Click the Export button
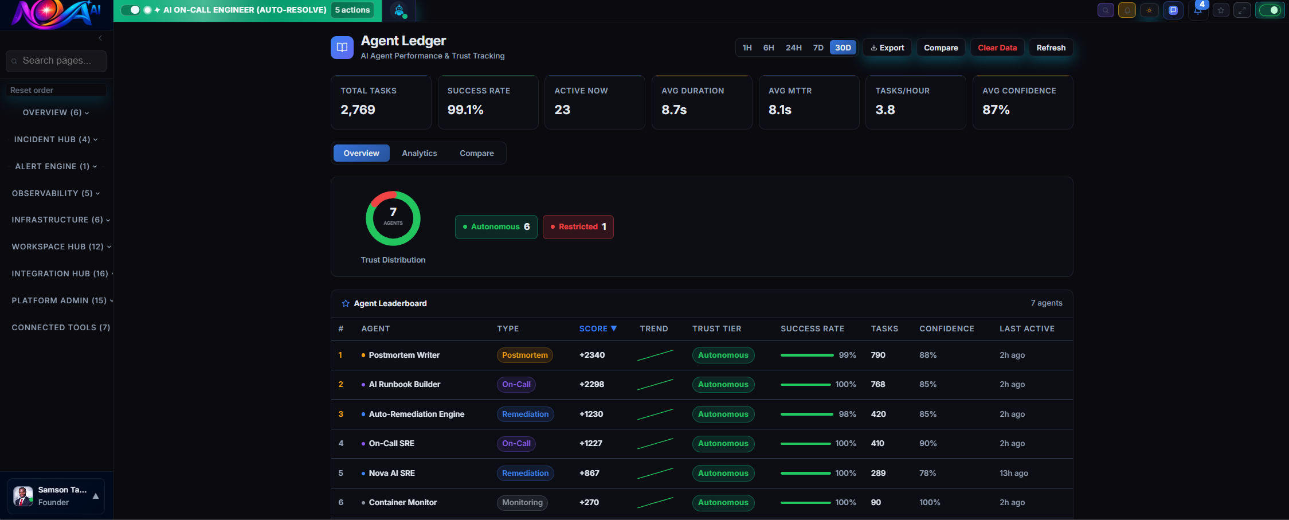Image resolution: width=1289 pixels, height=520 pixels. pyautogui.click(x=887, y=48)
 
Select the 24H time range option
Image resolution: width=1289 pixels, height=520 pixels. pyautogui.click(x=793, y=48)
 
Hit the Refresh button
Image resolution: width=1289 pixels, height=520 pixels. pyautogui.click(x=1051, y=48)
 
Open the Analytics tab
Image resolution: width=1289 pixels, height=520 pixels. pyautogui.click(x=419, y=153)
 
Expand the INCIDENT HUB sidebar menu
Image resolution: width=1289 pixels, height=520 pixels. pyautogui.click(x=56, y=139)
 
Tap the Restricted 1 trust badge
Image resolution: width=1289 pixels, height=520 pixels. pyautogui.click(x=578, y=227)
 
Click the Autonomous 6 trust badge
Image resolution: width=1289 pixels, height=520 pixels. pyautogui.click(x=496, y=227)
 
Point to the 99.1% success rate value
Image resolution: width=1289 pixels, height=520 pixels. pyautogui.click(x=465, y=110)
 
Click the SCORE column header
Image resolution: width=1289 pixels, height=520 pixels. pyautogui.click(x=597, y=329)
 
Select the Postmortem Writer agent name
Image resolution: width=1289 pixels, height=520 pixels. pyautogui.click(x=404, y=355)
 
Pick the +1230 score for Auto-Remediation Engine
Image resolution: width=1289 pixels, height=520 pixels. pyautogui.click(x=591, y=414)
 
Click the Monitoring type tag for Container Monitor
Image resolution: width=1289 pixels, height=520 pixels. pyautogui.click(x=522, y=503)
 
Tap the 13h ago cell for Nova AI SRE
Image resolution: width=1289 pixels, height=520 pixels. pyautogui.click(x=1013, y=473)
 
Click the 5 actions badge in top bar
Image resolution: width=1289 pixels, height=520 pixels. pyautogui.click(x=352, y=10)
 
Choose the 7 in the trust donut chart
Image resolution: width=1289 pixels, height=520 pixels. pyautogui.click(x=393, y=213)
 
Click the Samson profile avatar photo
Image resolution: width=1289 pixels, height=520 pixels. pyautogui.click(x=23, y=496)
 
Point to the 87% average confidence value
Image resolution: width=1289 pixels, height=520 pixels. pyautogui.click(x=996, y=110)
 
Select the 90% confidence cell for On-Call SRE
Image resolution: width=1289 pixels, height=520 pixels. pyautogui.click(x=928, y=443)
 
